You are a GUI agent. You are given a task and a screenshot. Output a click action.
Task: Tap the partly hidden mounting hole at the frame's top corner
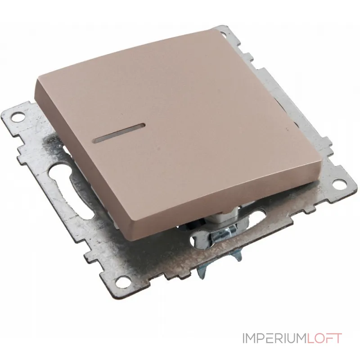(224, 35)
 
